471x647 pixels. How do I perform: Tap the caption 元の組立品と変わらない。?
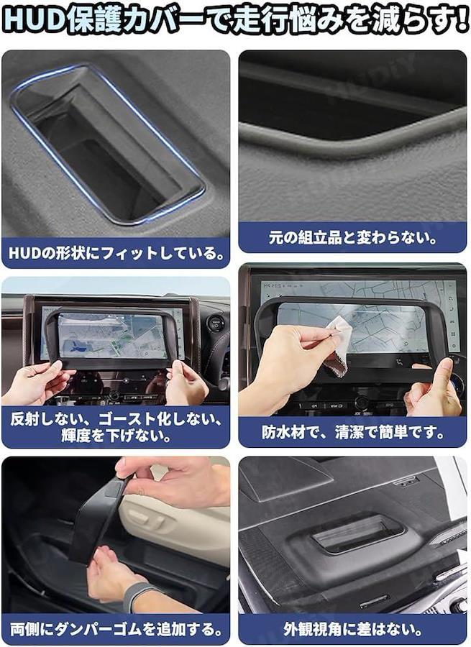(352, 238)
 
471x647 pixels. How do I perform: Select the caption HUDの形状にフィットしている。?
(119, 253)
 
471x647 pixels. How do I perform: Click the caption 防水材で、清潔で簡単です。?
(353, 433)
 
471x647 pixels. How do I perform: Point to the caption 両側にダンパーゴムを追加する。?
(116, 629)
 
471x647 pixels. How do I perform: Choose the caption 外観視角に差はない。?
(353, 629)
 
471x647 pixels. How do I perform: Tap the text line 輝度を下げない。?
(116, 436)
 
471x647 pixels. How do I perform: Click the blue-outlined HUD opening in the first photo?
(108, 144)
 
